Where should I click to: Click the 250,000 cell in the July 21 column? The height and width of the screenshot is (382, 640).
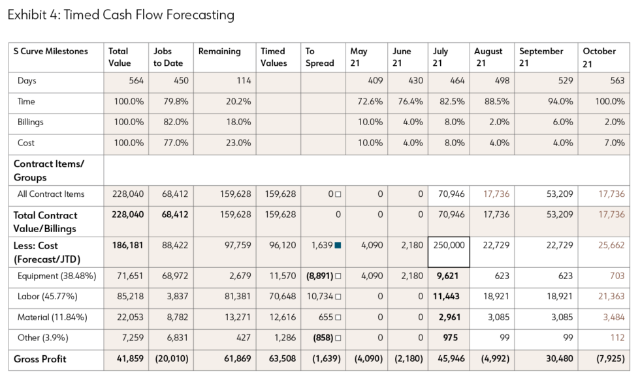448,245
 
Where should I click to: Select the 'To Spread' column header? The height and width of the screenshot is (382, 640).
319,57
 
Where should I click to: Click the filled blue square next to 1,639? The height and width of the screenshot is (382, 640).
338,246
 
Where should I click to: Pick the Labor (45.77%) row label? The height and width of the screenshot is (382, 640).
48,297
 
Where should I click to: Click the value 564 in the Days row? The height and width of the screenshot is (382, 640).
136,81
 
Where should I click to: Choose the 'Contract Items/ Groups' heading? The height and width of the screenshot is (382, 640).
49,170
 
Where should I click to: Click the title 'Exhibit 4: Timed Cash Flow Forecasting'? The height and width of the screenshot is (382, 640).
121,14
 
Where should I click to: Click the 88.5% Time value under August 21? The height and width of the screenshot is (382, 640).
497,102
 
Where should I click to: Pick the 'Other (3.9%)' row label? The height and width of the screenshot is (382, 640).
42,338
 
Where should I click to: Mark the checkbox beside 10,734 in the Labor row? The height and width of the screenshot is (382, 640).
338,297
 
